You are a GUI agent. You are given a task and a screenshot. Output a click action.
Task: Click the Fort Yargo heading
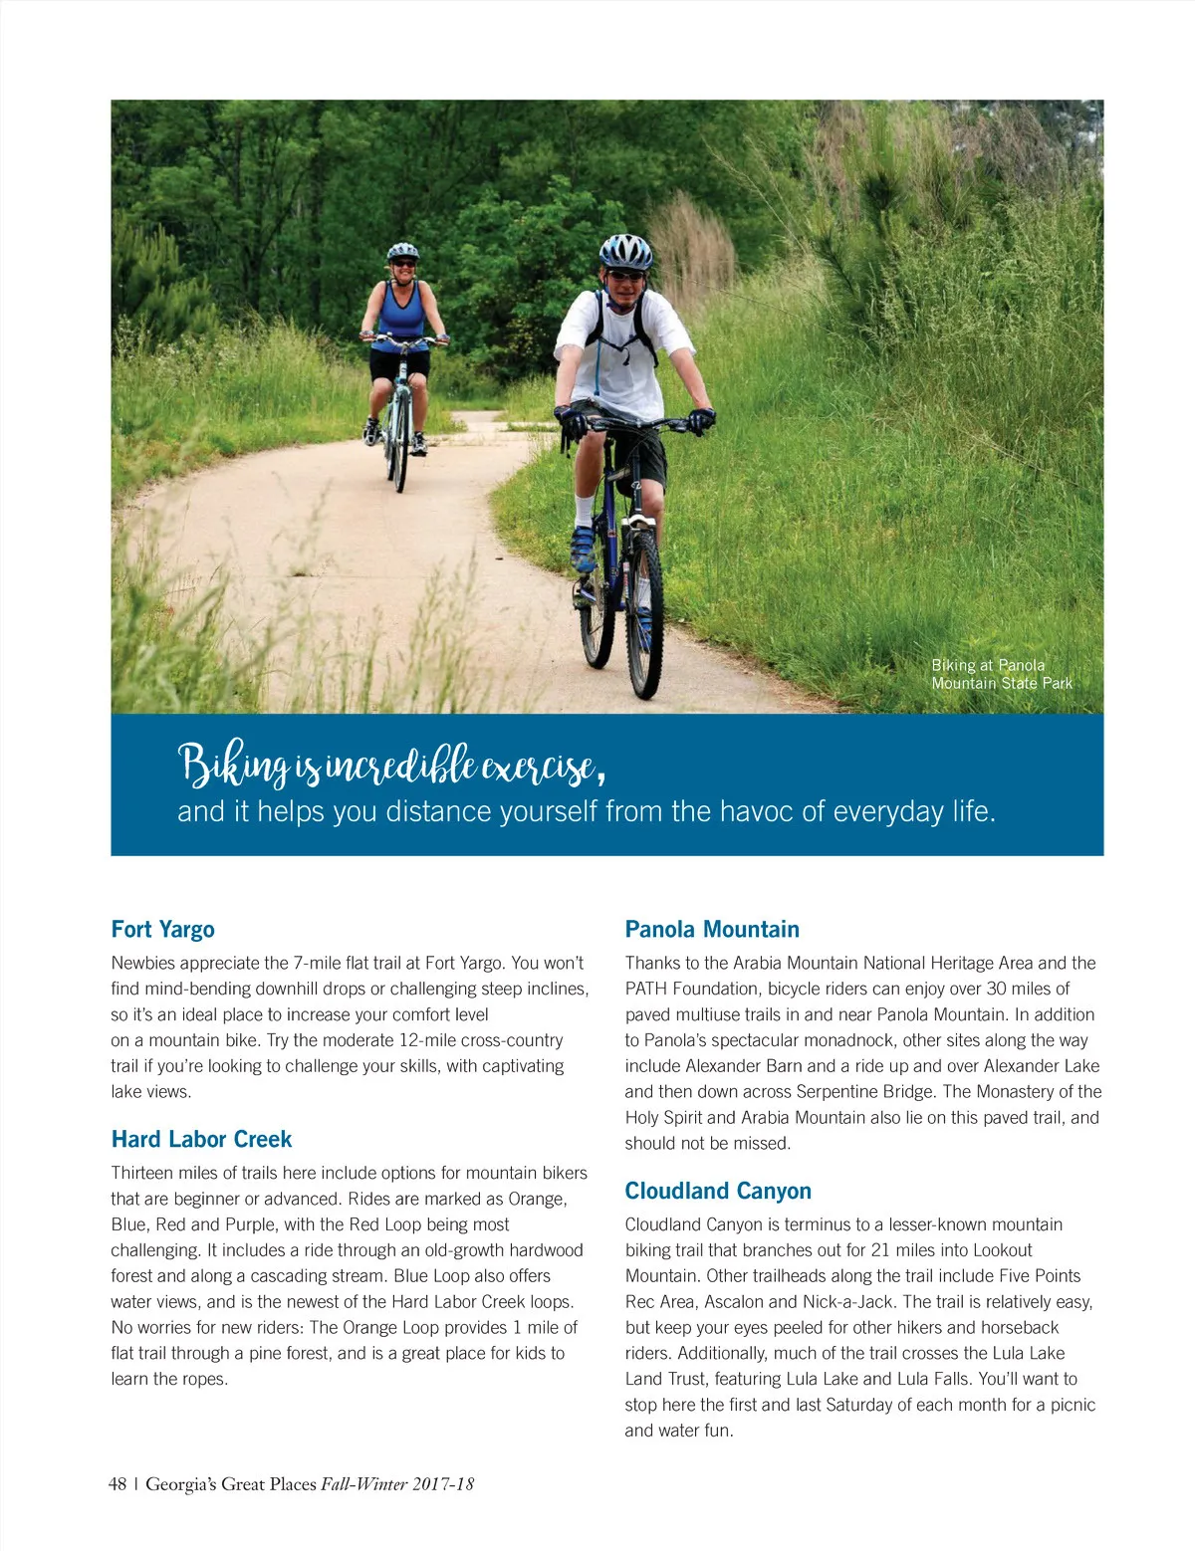coord(162,929)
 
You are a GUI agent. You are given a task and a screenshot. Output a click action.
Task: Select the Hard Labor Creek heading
coord(201,1139)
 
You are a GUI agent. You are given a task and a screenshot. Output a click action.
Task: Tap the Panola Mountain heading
coord(712,929)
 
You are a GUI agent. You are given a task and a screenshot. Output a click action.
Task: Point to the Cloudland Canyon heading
coord(718,1191)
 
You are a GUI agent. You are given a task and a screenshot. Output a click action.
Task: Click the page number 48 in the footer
coord(118,1483)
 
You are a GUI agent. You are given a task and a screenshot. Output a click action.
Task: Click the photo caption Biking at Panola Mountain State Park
coord(1001,674)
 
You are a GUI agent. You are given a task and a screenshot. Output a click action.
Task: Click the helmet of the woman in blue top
coord(402,251)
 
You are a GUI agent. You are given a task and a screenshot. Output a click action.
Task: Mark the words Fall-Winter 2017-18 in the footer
coord(397,1483)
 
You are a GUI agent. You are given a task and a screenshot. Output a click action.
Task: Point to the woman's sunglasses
coord(403,264)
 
